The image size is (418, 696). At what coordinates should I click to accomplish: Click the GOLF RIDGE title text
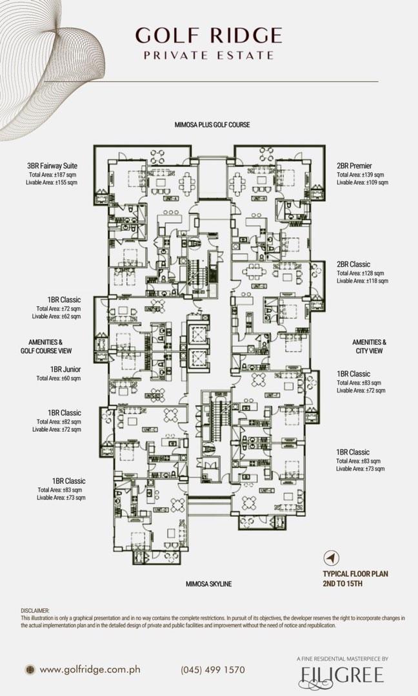pyautogui.click(x=208, y=35)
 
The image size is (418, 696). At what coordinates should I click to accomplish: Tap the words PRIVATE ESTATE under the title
pyautogui.click(x=208, y=55)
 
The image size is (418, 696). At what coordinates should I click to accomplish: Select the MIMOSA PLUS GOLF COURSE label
pyautogui.click(x=212, y=124)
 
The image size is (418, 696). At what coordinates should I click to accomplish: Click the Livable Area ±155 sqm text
pyautogui.click(x=53, y=183)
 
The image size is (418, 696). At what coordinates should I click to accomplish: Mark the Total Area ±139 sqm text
pyautogui.click(x=360, y=175)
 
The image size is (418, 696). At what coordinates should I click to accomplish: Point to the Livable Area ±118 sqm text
pyautogui.click(x=362, y=281)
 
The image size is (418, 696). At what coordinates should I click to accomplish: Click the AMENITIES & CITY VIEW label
pyautogui.click(x=369, y=347)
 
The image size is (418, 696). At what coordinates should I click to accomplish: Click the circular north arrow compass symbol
pyautogui.click(x=332, y=557)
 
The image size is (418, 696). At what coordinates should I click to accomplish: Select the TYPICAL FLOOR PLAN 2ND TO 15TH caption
pyautogui.click(x=355, y=579)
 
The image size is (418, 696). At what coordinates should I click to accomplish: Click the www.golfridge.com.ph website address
pyautogui.click(x=90, y=670)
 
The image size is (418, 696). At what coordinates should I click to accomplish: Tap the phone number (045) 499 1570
pyautogui.click(x=213, y=670)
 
